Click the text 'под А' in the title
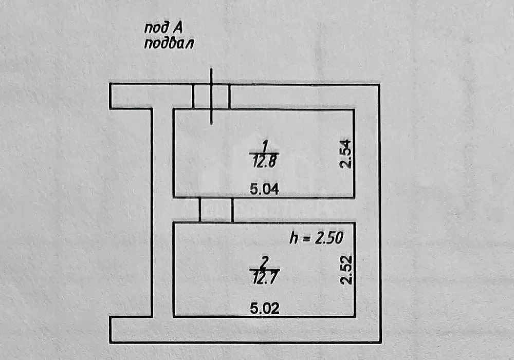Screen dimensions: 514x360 (163, 28)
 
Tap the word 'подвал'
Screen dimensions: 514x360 (169, 43)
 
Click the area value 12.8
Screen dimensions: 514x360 (265, 161)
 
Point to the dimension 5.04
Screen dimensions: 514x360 (264, 189)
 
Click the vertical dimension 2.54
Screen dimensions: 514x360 (345, 154)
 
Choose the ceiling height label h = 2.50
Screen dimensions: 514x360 (316, 238)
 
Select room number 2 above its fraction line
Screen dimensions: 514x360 (264, 262)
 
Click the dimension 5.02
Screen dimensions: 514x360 (265, 308)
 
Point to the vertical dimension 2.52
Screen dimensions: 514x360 (346, 270)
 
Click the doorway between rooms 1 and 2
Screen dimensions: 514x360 (216, 210)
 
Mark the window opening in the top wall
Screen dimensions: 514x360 (211, 97)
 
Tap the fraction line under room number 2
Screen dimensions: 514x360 (265, 269)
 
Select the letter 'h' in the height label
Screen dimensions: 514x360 (293, 238)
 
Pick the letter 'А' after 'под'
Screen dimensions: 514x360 (177, 28)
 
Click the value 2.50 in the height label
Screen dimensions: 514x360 (329, 238)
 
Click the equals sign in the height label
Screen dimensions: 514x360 (306, 239)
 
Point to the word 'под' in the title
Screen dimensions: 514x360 (156, 28)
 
